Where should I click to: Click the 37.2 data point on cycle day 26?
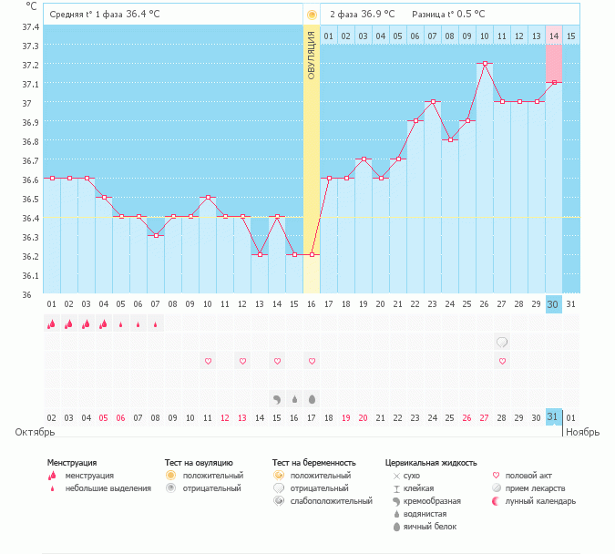(x=485, y=63)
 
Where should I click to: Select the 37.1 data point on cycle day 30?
(x=554, y=82)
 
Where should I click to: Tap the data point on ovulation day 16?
(x=312, y=254)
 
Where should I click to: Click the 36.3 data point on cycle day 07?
(x=156, y=235)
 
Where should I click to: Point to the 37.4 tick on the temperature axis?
(x=31, y=27)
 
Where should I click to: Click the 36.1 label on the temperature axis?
(x=31, y=276)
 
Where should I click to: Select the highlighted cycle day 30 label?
(x=553, y=304)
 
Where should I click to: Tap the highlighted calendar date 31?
(x=553, y=416)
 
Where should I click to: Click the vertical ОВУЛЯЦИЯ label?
(x=312, y=56)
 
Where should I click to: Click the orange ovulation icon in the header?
(x=312, y=15)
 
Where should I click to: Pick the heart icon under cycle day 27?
(x=502, y=362)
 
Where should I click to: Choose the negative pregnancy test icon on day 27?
(x=502, y=342)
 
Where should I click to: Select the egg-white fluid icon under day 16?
(x=313, y=399)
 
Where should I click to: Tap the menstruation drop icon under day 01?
(x=51, y=324)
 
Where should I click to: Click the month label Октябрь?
(x=35, y=432)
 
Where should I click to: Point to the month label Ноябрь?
(x=583, y=432)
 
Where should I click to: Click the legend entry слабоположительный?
(x=331, y=501)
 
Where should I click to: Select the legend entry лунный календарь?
(x=540, y=501)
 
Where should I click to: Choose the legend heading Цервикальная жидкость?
(x=431, y=463)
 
